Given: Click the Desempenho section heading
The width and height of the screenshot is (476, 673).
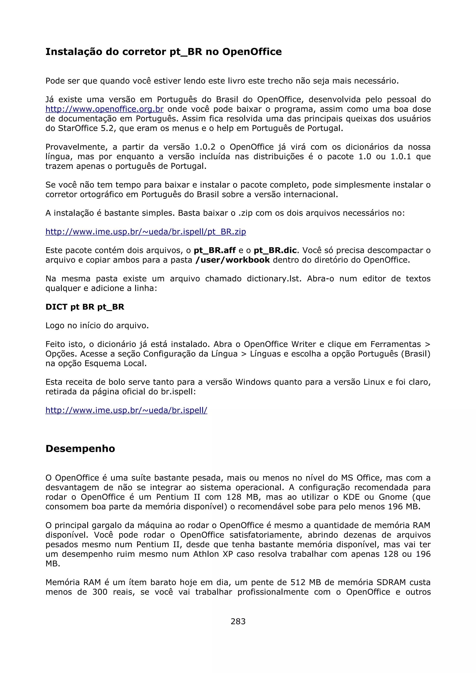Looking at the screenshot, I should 80,449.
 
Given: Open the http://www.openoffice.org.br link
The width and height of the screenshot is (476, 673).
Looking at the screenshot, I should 104,109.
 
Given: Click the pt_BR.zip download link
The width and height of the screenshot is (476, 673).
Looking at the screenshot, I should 145,232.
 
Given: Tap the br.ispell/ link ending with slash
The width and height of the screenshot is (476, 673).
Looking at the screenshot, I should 126,410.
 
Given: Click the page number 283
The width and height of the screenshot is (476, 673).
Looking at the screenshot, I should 238,621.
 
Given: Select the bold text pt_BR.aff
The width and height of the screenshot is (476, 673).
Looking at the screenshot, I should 215,251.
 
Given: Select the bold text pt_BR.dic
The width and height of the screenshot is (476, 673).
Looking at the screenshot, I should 275,251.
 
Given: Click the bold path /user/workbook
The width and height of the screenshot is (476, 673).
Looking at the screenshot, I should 232,260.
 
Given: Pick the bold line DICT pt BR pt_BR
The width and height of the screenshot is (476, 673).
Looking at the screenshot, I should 85,307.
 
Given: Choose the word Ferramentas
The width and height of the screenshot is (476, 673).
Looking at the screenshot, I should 395,344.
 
